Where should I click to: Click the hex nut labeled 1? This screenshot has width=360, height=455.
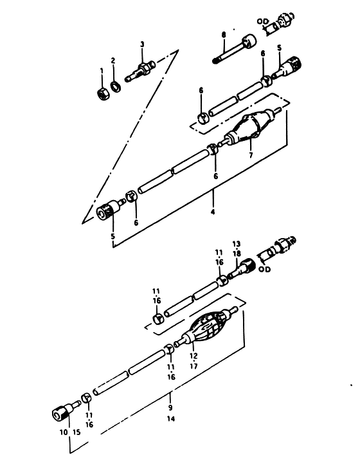(x=102, y=94)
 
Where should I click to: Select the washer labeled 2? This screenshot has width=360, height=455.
(x=116, y=87)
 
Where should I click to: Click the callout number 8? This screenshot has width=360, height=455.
(x=224, y=35)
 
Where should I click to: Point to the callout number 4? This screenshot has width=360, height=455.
(x=213, y=212)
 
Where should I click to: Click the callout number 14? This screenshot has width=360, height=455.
(x=171, y=419)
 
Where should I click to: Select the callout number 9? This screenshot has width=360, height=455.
(x=170, y=407)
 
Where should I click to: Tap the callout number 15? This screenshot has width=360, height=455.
(x=76, y=432)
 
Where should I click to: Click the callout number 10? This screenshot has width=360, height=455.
(x=64, y=432)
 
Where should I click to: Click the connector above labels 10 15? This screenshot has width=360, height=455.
(x=66, y=409)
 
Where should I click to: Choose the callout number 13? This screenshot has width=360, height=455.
(x=236, y=244)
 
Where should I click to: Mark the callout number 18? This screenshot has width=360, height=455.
(x=237, y=254)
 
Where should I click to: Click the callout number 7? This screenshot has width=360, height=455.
(x=251, y=155)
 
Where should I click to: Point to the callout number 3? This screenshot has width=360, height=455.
(x=142, y=44)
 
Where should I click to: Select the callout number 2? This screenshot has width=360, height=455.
(x=113, y=60)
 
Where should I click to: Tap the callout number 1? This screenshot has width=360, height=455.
(x=102, y=71)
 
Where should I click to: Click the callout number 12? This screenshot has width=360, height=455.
(x=194, y=356)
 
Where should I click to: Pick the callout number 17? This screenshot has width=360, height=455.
(x=194, y=366)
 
